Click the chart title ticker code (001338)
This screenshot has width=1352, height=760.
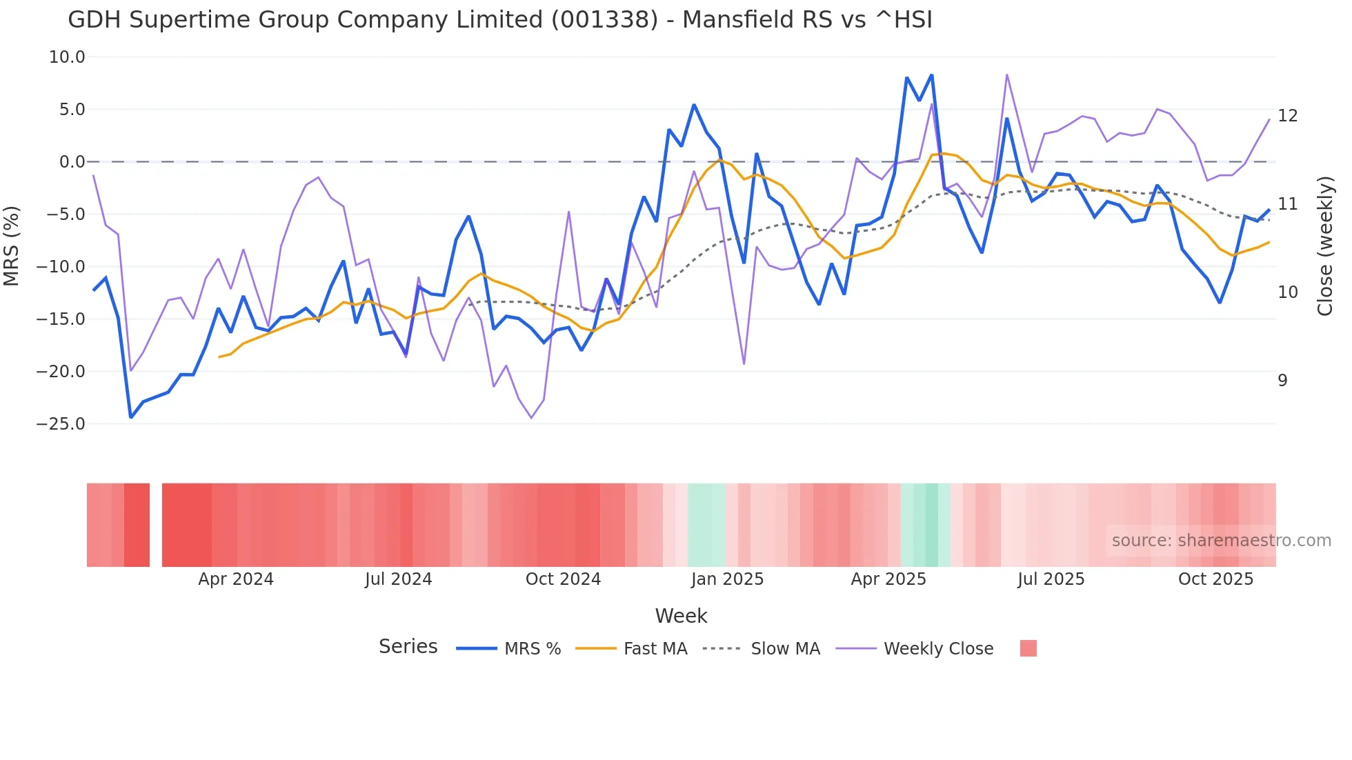(x=605, y=20)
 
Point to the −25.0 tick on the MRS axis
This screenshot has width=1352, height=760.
(x=61, y=424)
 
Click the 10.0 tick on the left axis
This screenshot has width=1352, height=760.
(x=67, y=57)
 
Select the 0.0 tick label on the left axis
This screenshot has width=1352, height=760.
(x=72, y=162)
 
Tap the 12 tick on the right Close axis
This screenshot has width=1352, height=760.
(x=1287, y=116)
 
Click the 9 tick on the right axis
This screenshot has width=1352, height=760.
(x=1282, y=381)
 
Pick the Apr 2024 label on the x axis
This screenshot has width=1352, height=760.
(x=236, y=579)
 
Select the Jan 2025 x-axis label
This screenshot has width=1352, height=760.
(x=727, y=579)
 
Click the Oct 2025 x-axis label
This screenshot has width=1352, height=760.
(x=1215, y=579)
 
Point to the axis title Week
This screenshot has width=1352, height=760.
(x=681, y=616)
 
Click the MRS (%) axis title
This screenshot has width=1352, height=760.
(x=12, y=246)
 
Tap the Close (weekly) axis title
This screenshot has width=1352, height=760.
(x=1324, y=246)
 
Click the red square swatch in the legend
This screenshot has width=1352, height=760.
(x=1028, y=648)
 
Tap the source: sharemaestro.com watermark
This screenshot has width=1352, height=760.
(x=1221, y=541)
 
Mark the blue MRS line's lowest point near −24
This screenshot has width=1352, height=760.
(x=131, y=417)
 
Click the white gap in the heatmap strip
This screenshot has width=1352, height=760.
(x=156, y=525)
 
